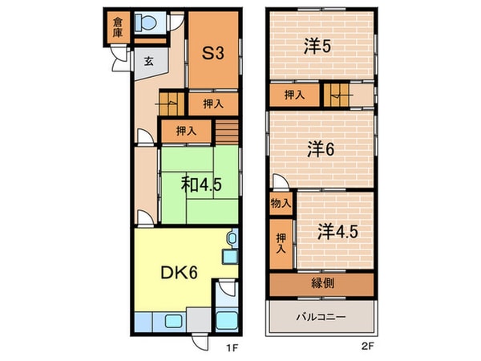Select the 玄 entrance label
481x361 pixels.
click(x=149, y=60)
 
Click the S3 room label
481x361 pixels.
click(x=212, y=55)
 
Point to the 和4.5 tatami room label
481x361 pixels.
click(x=201, y=185)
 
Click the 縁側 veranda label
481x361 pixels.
click(x=321, y=284)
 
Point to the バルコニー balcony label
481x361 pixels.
click(x=321, y=318)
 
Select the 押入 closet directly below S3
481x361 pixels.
click(x=212, y=103)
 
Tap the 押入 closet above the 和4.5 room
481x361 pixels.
click(x=186, y=129)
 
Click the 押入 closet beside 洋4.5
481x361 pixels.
click(x=281, y=243)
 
